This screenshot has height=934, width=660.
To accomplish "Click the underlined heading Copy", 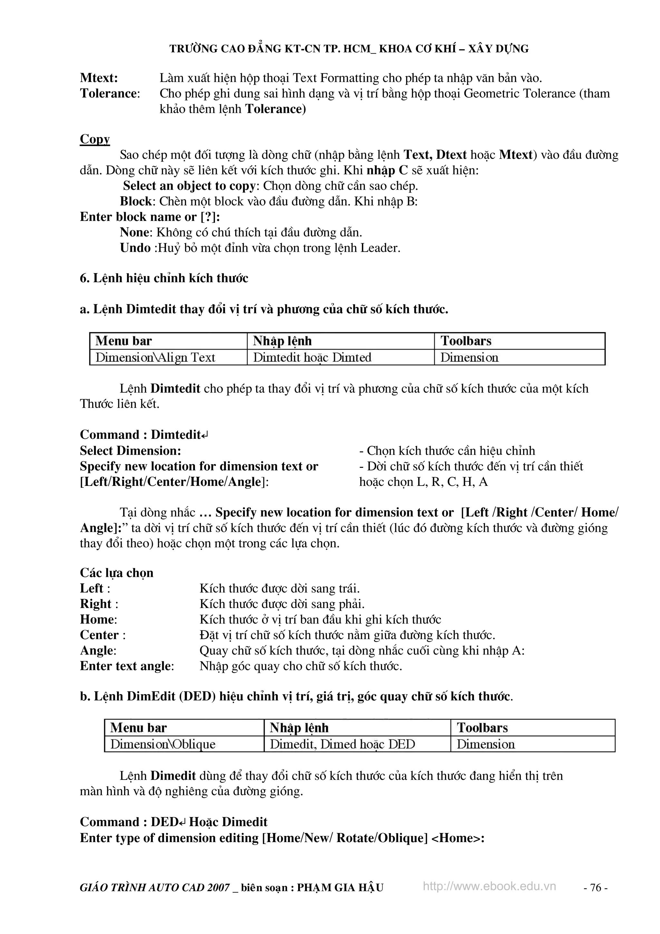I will point(95,139).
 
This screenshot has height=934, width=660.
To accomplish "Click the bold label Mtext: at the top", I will point(99,78).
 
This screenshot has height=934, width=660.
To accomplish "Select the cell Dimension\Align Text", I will point(155,358).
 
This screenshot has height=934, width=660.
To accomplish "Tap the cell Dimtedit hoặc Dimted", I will point(312,358).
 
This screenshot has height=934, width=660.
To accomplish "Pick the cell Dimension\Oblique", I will point(163,744).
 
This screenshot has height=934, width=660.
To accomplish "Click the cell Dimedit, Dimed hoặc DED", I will point(342,744).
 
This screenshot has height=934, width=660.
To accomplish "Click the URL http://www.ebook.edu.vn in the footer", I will point(489,898).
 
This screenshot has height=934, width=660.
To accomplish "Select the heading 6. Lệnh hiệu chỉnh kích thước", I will point(164,278).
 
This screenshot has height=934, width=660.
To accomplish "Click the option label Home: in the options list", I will point(98,620).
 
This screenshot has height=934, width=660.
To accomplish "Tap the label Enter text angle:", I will point(127,666).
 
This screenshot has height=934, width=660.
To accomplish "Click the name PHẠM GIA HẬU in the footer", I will point(340,899).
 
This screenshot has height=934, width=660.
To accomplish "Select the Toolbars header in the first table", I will point(466,341).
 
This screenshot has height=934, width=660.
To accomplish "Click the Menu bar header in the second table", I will point(138,728).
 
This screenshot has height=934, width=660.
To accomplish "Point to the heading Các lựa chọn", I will point(117,573).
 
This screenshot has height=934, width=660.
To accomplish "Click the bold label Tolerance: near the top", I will point(110,93).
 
